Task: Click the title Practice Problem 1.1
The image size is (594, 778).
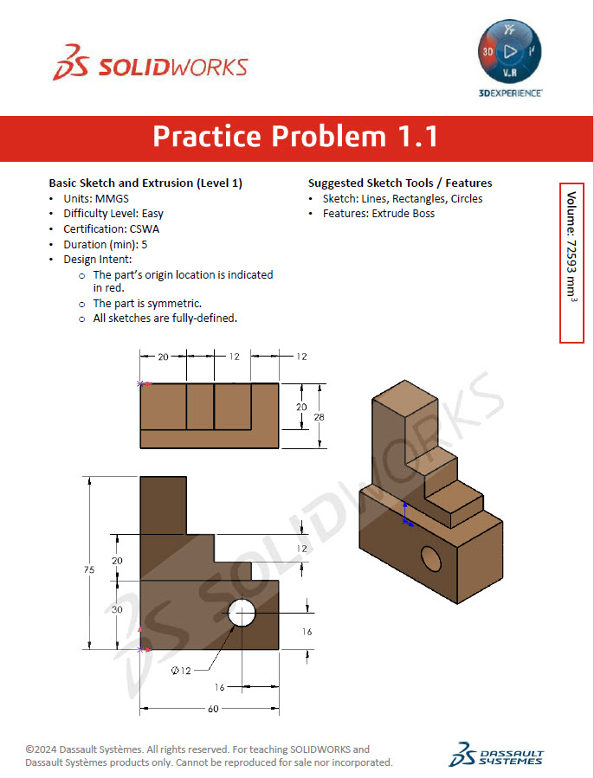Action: pos(295,137)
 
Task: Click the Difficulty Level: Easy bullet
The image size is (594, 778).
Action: pos(113,213)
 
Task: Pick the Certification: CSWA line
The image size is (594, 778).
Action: pos(111,229)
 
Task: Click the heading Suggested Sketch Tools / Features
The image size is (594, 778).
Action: pos(400,183)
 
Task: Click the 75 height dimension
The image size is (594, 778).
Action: pos(88,569)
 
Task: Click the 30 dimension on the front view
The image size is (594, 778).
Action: pos(118,609)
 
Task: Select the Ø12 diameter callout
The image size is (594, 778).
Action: pos(181,671)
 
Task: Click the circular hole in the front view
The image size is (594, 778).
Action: pos(242,614)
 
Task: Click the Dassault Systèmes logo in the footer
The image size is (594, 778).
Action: pos(496,754)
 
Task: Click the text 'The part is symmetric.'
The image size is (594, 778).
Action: pos(147,304)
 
